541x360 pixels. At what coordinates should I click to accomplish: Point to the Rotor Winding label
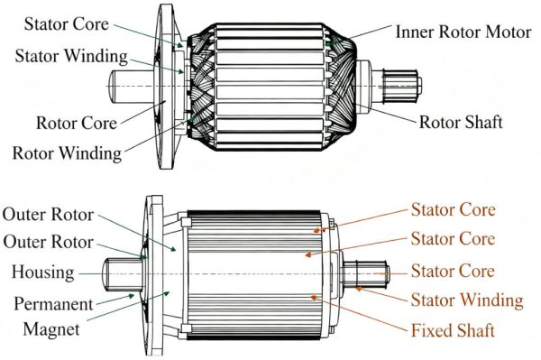[66, 152]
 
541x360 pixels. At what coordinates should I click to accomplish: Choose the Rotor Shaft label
[460, 122]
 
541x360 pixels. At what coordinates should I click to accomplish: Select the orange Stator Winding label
[467, 300]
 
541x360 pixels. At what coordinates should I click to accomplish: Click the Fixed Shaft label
[453, 330]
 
